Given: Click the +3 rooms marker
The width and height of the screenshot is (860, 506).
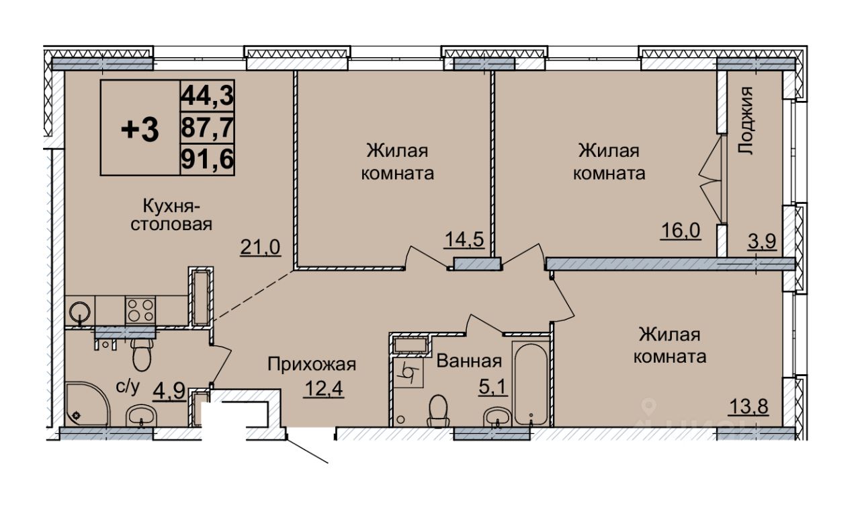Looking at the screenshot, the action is coord(140,130).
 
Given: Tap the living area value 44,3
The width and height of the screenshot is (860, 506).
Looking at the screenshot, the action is coord(208,96).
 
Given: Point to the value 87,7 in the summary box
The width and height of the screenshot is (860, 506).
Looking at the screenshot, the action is coord(208,128).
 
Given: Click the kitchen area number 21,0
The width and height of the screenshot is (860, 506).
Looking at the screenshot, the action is coord(259,248).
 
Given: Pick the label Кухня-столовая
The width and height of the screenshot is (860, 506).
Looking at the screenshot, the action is coord(171,215).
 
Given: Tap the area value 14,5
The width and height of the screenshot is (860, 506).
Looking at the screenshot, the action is coord(465,239).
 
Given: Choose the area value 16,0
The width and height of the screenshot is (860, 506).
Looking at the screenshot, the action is coord(681,231).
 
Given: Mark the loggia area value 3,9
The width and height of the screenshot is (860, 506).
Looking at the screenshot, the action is coord(763,240).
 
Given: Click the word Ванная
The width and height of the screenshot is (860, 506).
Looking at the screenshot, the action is coord(470,361).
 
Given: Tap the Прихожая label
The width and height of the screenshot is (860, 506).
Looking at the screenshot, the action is coord(311,365).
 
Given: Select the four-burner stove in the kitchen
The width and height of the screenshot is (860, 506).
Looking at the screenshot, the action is coord(140,310).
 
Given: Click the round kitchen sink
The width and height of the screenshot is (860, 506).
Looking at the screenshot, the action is coord(79,312).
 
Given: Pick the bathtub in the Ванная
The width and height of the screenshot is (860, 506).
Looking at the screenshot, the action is coord(531,383).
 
